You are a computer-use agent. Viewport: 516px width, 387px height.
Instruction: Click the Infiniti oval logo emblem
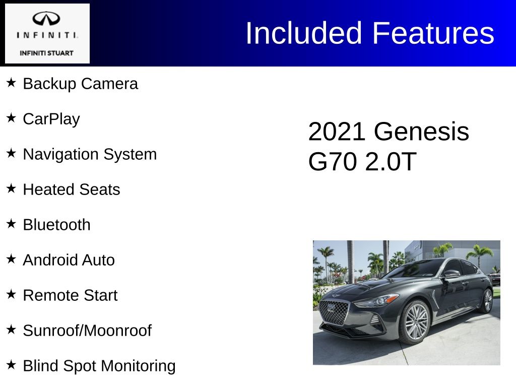pos(46,19)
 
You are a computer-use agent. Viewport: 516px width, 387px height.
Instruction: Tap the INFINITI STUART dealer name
pos(46,53)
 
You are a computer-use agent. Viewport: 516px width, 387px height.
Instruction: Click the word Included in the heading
pos(304,33)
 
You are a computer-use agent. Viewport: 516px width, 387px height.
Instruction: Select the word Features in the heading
pos(433,33)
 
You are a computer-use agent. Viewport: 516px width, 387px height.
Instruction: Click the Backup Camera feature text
pos(80,84)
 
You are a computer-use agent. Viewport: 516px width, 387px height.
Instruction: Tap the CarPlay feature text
pos(51,119)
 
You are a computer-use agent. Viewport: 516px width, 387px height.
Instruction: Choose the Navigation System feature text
pos(90,154)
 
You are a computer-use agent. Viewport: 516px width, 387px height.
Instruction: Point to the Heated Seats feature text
pos(72,189)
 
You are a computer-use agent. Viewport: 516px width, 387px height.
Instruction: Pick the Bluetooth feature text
pos(56,225)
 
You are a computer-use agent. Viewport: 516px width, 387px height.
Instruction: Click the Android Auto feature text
pos(69,260)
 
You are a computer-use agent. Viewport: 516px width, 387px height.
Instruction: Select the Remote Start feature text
pos(70,295)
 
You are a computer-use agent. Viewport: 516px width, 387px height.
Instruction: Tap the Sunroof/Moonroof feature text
pos(87,331)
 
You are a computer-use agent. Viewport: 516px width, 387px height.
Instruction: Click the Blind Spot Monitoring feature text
pos(99,366)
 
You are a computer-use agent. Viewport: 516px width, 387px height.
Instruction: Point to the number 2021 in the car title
pos(337,132)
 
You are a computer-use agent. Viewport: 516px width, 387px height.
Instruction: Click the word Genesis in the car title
pos(422,132)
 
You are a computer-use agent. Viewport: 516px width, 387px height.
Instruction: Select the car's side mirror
pos(452,274)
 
